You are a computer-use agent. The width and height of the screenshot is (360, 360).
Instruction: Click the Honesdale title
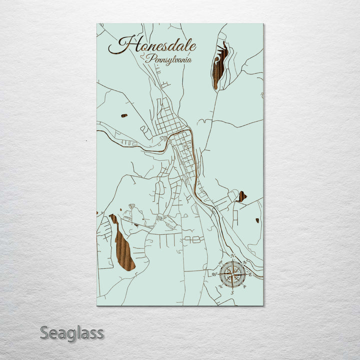(152, 45)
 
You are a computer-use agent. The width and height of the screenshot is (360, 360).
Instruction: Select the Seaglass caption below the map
(72, 332)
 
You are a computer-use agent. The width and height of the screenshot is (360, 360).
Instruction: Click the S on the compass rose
(232, 292)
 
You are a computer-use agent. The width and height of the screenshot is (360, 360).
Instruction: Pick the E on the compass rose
(250, 274)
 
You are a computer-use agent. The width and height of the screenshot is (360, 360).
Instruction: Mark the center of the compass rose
(232, 274)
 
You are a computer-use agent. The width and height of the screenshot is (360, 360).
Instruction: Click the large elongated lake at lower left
(124, 245)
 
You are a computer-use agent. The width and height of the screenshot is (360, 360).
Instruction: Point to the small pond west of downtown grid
(124, 115)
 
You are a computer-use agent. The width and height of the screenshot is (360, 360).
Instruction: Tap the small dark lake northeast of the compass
(241, 196)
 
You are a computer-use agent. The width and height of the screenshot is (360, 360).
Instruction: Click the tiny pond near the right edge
(257, 220)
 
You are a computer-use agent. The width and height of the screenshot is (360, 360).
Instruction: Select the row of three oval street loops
(192, 240)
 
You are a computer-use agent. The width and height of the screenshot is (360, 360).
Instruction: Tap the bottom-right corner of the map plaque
(262, 305)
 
